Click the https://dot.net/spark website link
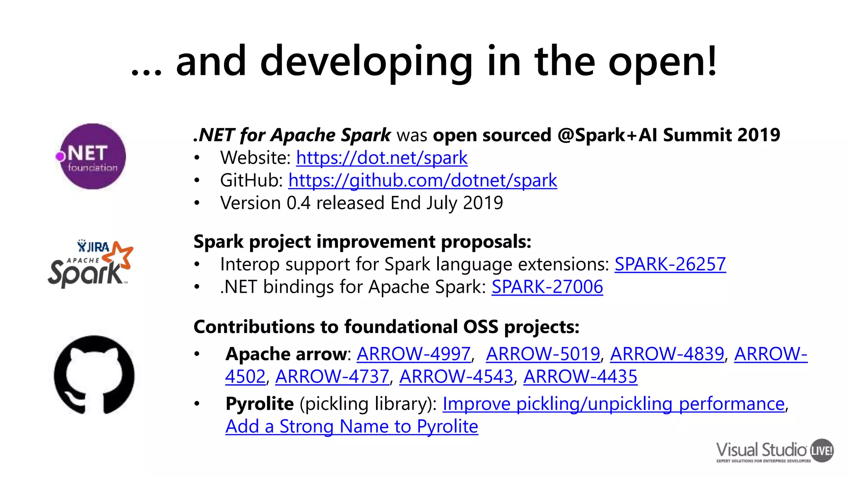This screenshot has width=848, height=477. (x=381, y=158)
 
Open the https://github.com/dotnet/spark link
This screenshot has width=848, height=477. (x=422, y=181)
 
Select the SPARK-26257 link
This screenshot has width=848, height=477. (x=670, y=264)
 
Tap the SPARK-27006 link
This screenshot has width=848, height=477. (x=547, y=287)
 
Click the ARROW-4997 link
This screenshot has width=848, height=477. (x=414, y=354)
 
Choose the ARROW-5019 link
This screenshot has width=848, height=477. (x=543, y=354)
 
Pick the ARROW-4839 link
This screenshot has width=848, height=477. (x=667, y=354)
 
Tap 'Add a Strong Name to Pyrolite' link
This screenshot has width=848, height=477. (x=352, y=426)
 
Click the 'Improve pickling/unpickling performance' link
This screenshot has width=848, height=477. (x=613, y=404)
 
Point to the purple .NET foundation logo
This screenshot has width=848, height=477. (x=92, y=157)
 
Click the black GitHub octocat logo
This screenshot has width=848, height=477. (x=94, y=375)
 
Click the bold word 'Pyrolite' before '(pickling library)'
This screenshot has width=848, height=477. (x=260, y=404)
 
